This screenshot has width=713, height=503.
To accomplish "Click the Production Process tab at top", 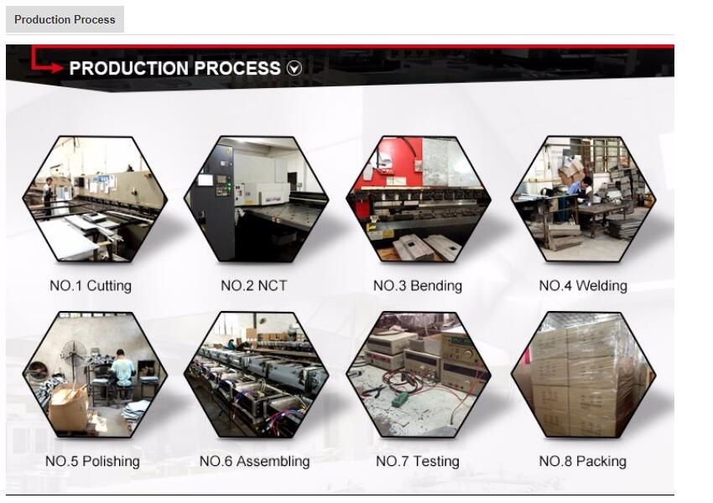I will [x=65, y=19].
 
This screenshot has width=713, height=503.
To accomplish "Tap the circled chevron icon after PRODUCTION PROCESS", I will [x=294, y=69].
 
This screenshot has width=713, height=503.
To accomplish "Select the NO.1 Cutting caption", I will [x=91, y=286].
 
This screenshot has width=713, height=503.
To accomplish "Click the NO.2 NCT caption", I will [x=253, y=286].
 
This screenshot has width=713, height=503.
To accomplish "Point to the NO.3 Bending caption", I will [x=417, y=286].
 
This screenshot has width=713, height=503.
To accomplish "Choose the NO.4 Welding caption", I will [x=582, y=286].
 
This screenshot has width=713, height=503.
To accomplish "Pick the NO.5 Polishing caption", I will [x=92, y=461].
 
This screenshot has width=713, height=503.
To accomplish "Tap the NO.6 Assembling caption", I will [x=254, y=461].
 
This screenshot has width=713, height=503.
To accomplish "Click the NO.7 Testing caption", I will [x=417, y=461].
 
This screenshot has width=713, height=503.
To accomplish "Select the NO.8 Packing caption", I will [x=582, y=461].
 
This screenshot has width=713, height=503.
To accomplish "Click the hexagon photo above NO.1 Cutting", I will [x=94, y=200].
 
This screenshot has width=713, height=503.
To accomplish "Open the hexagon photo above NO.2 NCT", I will [x=255, y=200].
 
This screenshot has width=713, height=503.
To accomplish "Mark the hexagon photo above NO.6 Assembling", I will [x=255, y=375].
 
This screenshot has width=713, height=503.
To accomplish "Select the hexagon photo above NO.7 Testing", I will [x=418, y=375].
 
